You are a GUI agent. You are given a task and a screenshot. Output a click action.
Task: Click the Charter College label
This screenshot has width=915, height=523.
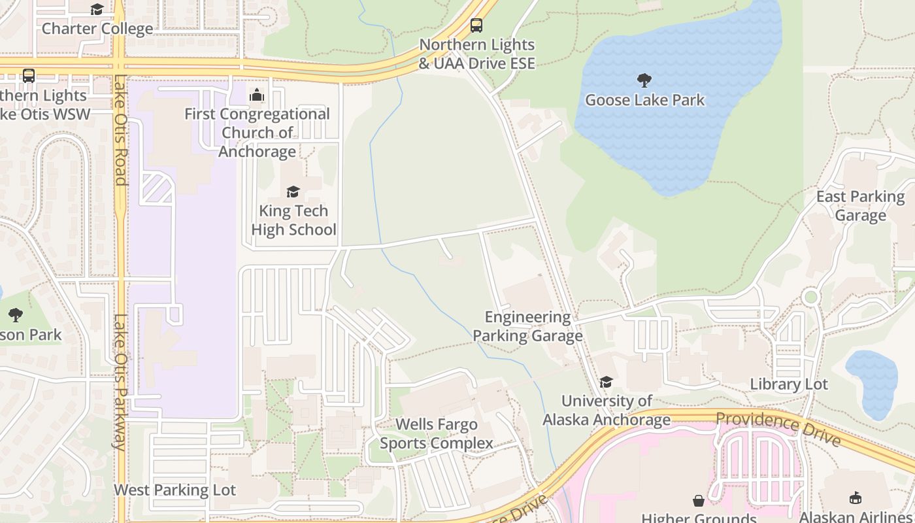(97, 29)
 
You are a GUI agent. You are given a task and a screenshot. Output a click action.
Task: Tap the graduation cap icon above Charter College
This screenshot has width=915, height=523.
(97, 9)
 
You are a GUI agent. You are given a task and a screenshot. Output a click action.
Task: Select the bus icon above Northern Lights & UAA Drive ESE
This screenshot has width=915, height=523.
(476, 25)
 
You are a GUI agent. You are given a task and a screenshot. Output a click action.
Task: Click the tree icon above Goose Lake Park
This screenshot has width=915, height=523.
(644, 80)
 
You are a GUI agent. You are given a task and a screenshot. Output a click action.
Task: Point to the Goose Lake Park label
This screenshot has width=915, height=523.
(644, 100)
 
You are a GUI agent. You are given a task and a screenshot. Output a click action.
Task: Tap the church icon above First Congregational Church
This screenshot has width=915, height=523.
(257, 95)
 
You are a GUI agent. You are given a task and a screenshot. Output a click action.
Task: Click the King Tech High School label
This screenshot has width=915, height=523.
(293, 220)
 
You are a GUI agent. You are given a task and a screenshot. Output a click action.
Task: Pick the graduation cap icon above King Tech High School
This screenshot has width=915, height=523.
(293, 192)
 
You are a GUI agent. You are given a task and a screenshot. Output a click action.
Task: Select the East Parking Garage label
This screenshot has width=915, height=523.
(860, 206)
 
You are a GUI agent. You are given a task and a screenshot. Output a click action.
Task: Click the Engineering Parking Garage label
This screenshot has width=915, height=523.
(527, 326)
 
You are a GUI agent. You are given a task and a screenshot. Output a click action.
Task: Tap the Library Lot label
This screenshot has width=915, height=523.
(789, 384)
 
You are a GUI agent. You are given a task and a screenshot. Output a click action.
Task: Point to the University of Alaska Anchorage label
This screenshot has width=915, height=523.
(607, 411)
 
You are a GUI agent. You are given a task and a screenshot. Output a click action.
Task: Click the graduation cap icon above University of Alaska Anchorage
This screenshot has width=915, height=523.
(607, 382)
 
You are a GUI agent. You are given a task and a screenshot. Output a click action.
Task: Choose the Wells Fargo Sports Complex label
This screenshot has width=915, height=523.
(437, 434)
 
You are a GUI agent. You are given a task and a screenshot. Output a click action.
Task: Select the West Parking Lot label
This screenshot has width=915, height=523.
(175, 490)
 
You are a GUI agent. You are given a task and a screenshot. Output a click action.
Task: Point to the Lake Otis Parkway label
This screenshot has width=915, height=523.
(120, 382)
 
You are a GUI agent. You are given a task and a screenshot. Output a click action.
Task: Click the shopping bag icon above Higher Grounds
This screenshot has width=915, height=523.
(699, 501)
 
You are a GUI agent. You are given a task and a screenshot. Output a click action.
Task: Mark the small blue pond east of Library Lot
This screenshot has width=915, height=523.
(873, 384)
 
